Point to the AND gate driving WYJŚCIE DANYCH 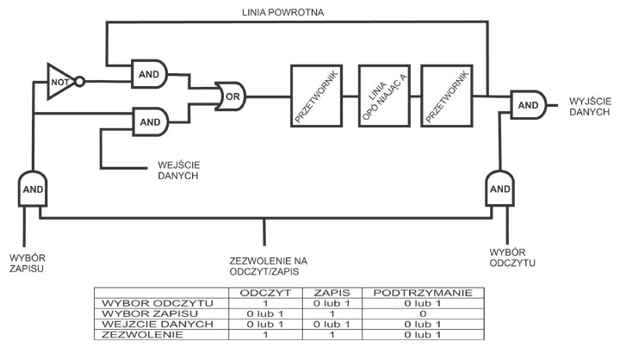click(x=526, y=105)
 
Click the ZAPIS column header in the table click(x=331, y=294)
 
